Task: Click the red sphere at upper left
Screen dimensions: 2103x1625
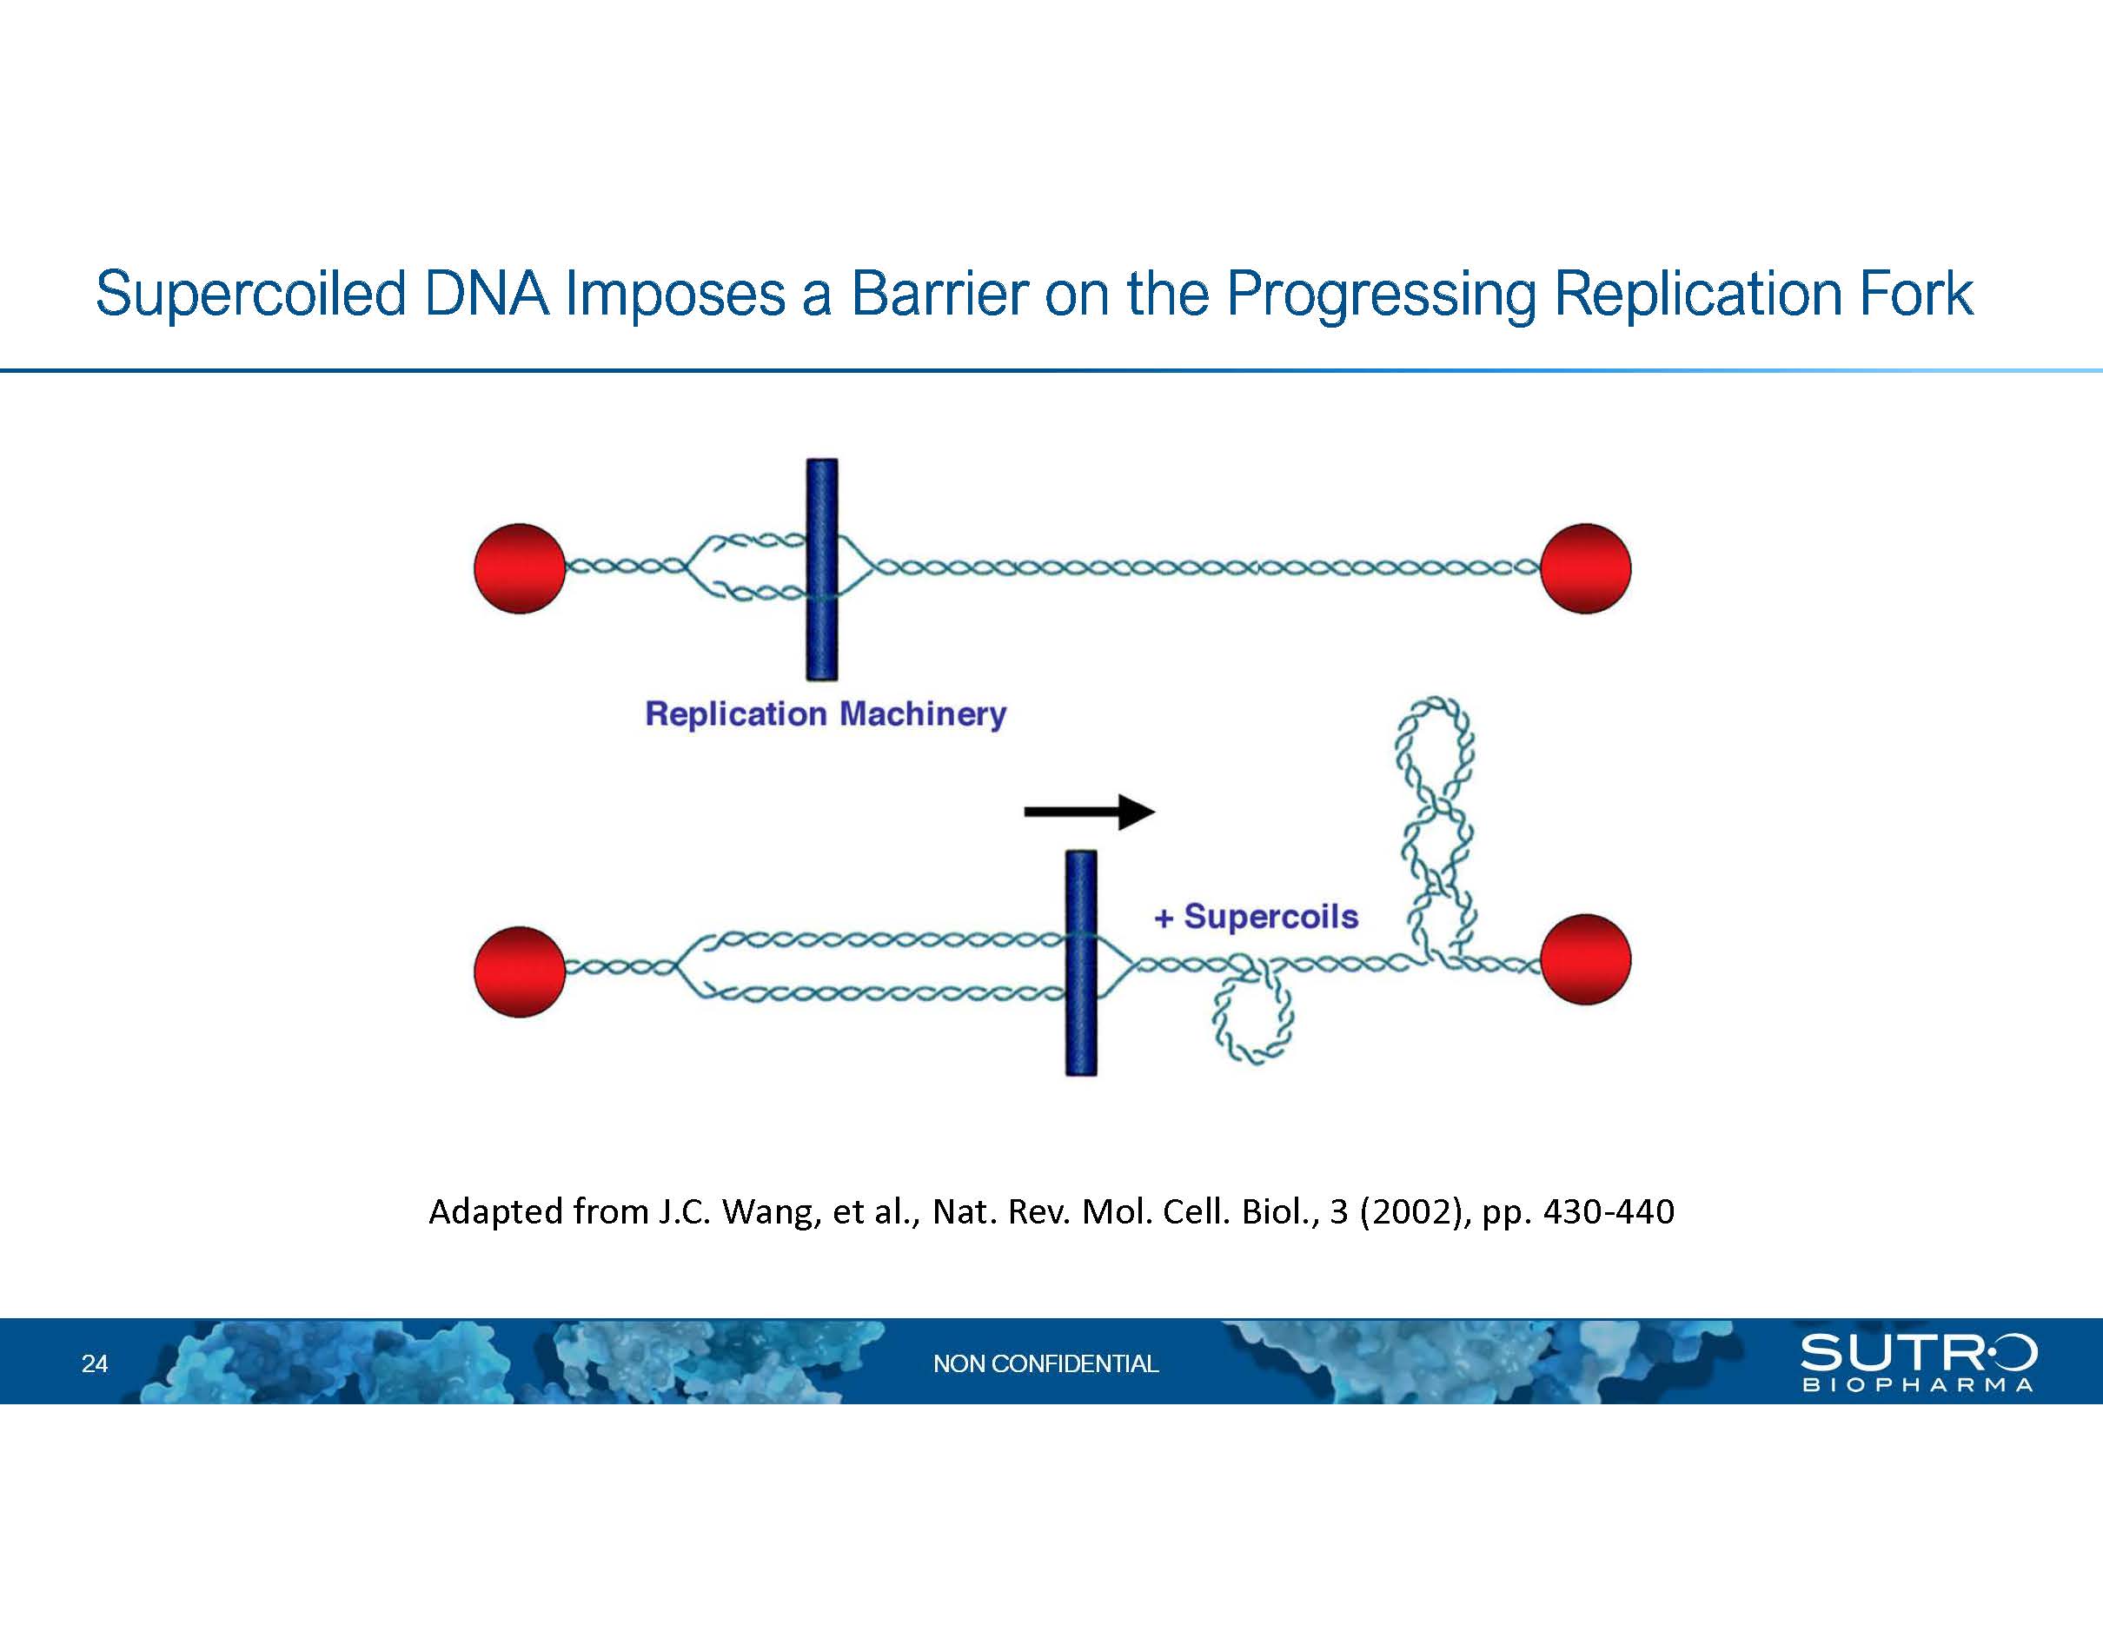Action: [520, 568]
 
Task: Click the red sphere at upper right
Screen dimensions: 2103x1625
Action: [1585, 568]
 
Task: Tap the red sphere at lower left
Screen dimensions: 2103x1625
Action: [520, 972]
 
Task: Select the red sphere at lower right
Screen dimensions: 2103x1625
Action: [1585, 959]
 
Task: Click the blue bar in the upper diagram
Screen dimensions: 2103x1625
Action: [821, 569]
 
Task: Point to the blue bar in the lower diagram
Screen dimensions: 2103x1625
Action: [1080, 963]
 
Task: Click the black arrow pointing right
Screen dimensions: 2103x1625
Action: [1089, 812]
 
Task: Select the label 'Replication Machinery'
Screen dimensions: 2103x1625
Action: [826, 714]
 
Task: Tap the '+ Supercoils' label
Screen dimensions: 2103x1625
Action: [1256, 917]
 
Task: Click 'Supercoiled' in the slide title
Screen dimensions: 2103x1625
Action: [250, 295]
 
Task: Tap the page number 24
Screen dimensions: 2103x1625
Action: [95, 1363]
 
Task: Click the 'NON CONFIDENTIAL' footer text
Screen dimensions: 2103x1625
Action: [1045, 1363]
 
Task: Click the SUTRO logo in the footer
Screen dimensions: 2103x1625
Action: [1918, 1361]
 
